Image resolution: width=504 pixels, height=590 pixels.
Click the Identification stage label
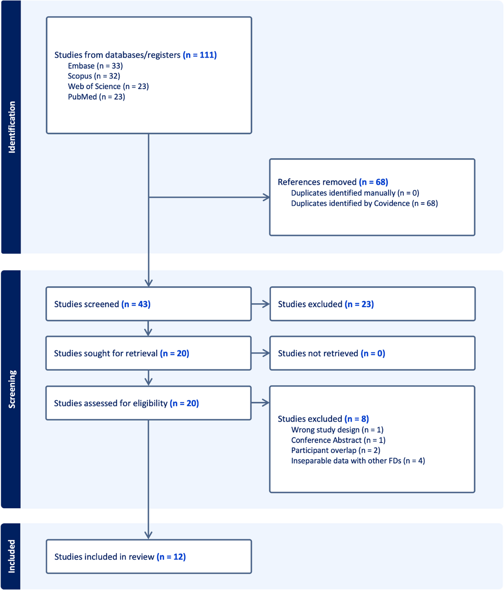(12, 127)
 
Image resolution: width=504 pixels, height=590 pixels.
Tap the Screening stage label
(12, 389)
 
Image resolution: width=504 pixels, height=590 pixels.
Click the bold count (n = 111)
(200, 55)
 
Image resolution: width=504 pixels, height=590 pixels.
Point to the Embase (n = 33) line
(95, 66)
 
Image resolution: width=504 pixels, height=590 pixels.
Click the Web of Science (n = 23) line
(108, 86)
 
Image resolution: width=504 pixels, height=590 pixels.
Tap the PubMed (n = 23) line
(96, 97)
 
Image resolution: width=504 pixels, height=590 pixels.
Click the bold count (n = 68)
(373, 182)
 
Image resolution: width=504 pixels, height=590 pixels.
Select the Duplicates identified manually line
(355, 193)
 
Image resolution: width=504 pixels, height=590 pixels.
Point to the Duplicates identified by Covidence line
(364, 203)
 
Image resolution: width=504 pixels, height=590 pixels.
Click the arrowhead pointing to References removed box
(266, 197)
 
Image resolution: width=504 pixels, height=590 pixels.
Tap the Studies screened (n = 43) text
(102, 304)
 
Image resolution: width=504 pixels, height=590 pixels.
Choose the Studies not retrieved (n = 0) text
(331, 353)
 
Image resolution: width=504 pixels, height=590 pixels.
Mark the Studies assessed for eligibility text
(126, 403)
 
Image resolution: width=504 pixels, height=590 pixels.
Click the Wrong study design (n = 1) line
(337, 430)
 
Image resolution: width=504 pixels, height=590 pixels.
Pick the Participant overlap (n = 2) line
(336, 450)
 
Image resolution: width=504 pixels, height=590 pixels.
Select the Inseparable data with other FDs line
(358, 461)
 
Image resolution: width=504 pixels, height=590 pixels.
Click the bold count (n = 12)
(171, 557)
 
